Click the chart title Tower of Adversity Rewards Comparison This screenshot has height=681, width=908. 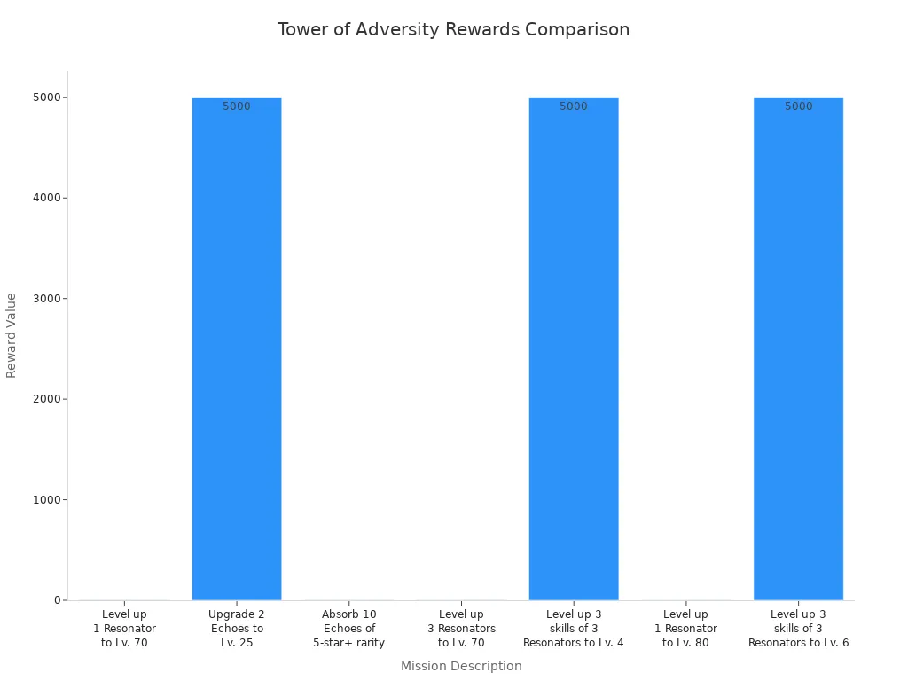click(453, 29)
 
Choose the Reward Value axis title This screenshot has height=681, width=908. click(12, 335)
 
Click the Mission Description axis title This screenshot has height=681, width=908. click(461, 666)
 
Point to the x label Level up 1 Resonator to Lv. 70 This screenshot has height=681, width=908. click(124, 629)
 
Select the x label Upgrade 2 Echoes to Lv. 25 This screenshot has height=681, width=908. click(237, 629)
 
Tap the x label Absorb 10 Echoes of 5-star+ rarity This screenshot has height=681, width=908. click(348, 629)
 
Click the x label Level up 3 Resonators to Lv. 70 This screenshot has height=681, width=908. click(461, 629)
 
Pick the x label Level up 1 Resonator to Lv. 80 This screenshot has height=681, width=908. click(685, 629)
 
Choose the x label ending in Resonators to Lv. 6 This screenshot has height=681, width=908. click(798, 629)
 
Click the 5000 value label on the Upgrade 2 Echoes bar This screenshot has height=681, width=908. click(237, 106)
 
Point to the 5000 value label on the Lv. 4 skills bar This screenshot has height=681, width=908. click(574, 106)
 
